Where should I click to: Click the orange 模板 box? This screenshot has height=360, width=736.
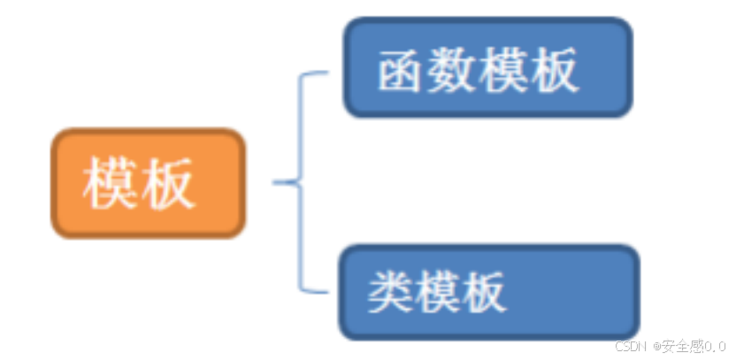click(148, 183)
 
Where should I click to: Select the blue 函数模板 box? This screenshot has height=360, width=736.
click(487, 67)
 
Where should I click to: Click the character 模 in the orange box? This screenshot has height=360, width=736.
click(111, 184)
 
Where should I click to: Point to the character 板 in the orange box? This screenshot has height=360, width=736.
click(168, 184)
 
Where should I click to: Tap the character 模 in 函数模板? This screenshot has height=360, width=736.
click(502, 70)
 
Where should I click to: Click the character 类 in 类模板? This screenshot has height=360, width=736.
click(387, 291)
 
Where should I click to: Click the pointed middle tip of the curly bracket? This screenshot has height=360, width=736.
click(275, 183)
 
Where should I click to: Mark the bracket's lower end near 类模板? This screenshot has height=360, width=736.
click(326, 291)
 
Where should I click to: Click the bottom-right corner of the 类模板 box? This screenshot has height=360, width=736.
click(635, 335)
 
